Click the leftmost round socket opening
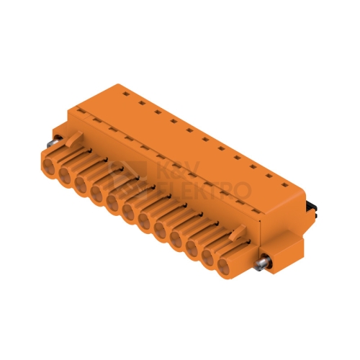coord(49,166)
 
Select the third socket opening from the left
coord(81,185)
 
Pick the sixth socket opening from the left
coord(128,212)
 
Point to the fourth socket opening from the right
coord(176,238)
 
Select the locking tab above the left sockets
coord(75,139)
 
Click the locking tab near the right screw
coord(237,233)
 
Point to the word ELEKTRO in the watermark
coord(204,192)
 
